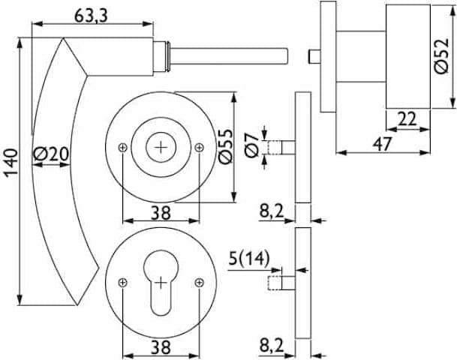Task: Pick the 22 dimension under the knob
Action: [406, 118]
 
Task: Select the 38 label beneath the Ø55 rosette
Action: [159, 212]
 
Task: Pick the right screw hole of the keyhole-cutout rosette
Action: [198, 282]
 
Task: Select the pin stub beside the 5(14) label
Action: [284, 283]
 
